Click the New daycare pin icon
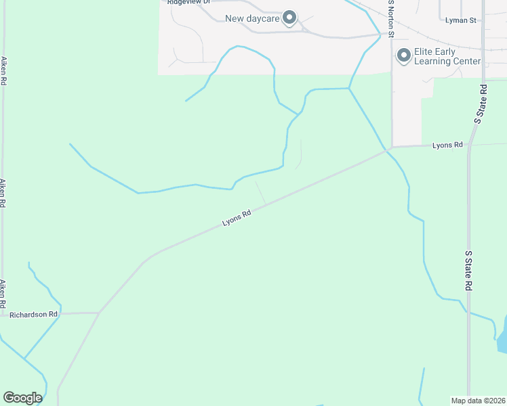click(x=290, y=18)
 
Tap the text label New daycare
click(x=252, y=18)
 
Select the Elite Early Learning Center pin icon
click(x=404, y=55)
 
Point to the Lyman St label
click(x=462, y=20)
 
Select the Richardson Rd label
click(x=34, y=314)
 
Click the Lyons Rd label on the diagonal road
click(x=237, y=218)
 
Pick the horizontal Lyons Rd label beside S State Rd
click(x=448, y=145)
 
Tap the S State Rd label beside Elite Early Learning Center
click(x=481, y=104)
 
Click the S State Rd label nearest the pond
click(x=468, y=271)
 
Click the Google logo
click(x=22, y=398)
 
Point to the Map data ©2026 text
click(x=478, y=401)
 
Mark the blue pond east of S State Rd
click(x=502, y=338)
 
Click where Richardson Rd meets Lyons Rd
click(x=100, y=313)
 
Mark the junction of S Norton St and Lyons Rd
click(x=391, y=147)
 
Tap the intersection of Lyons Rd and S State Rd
click(x=468, y=145)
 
